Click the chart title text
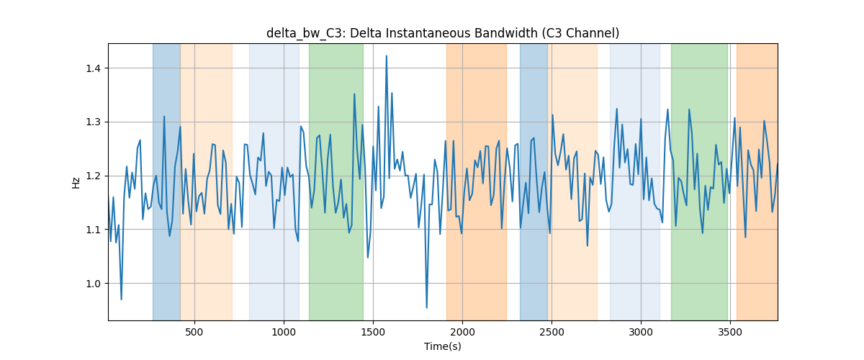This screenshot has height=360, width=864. point(443,33)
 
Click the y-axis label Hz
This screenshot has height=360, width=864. point(76,183)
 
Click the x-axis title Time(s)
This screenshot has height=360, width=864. point(443,346)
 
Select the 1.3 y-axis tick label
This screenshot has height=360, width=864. point(92,122)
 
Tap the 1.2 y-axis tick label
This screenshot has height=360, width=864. point(92,176)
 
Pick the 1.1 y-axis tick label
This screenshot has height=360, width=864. point(92,230)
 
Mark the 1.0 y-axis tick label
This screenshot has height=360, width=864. point(92,284)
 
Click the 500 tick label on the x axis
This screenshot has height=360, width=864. point(194,332)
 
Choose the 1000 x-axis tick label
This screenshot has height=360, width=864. point(284,332)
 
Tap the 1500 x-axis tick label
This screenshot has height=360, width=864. point(373,332)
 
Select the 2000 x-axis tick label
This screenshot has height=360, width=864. point(462,332)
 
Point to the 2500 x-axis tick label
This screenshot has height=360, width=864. point(552,332)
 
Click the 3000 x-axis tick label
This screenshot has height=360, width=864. point(641,332)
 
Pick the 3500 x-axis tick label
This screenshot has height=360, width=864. point(730,332)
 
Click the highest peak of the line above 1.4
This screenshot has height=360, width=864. point(387,56)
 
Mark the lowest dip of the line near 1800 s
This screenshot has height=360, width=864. point(426,307)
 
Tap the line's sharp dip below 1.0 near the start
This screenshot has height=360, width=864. point(121,299)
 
